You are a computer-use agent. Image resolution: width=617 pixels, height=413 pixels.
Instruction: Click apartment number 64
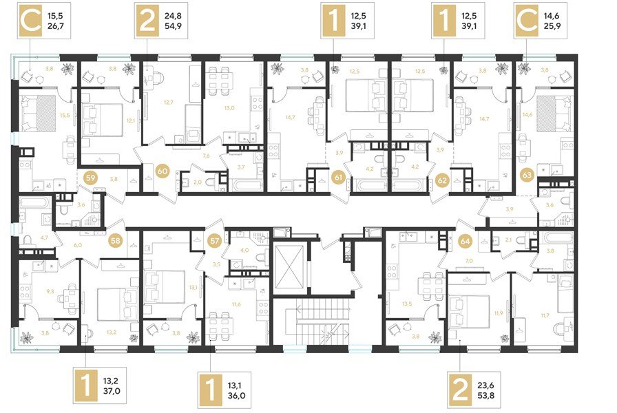[x=465, y=242]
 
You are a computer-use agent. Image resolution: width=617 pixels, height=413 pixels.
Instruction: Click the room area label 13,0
[x=229, y=107]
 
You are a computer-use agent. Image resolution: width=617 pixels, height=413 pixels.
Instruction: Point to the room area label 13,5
[x=406, y=302]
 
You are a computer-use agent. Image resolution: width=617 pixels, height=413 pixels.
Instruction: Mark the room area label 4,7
[x=25, y=237]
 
